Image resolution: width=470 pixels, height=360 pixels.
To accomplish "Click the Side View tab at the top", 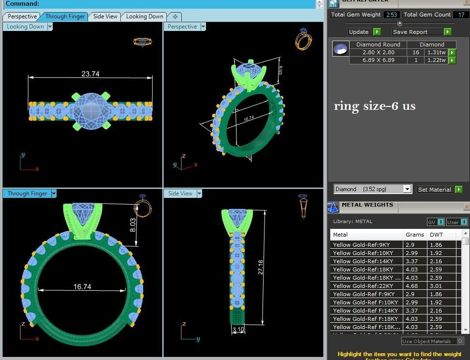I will (105, 16).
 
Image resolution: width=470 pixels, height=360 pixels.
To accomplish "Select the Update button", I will (359, 32).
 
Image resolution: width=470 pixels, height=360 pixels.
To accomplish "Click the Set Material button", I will (434, 190).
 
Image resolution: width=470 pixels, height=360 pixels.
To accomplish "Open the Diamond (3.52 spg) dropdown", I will (407, 189).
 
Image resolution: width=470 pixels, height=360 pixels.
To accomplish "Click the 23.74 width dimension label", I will (90, 74).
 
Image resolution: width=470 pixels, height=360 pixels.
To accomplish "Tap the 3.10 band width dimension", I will (238, 330).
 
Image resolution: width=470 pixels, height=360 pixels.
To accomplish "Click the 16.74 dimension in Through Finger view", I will (82, 287).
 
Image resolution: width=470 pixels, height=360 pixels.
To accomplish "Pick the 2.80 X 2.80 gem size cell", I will (378, 52).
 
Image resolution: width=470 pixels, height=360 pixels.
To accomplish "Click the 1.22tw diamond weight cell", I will (436, 60).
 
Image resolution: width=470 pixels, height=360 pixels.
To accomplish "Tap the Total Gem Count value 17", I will (461, 15).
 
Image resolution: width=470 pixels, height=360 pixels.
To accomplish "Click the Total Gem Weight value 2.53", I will (391, 15).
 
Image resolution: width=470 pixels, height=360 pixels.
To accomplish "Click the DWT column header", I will (436, 235).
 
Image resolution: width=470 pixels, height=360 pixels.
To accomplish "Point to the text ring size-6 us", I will (375, 106).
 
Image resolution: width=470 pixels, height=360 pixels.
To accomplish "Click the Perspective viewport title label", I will (182, 27).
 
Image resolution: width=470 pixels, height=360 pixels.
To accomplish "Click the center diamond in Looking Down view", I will (90, 110).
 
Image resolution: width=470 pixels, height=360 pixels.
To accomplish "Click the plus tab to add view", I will (175, 16).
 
